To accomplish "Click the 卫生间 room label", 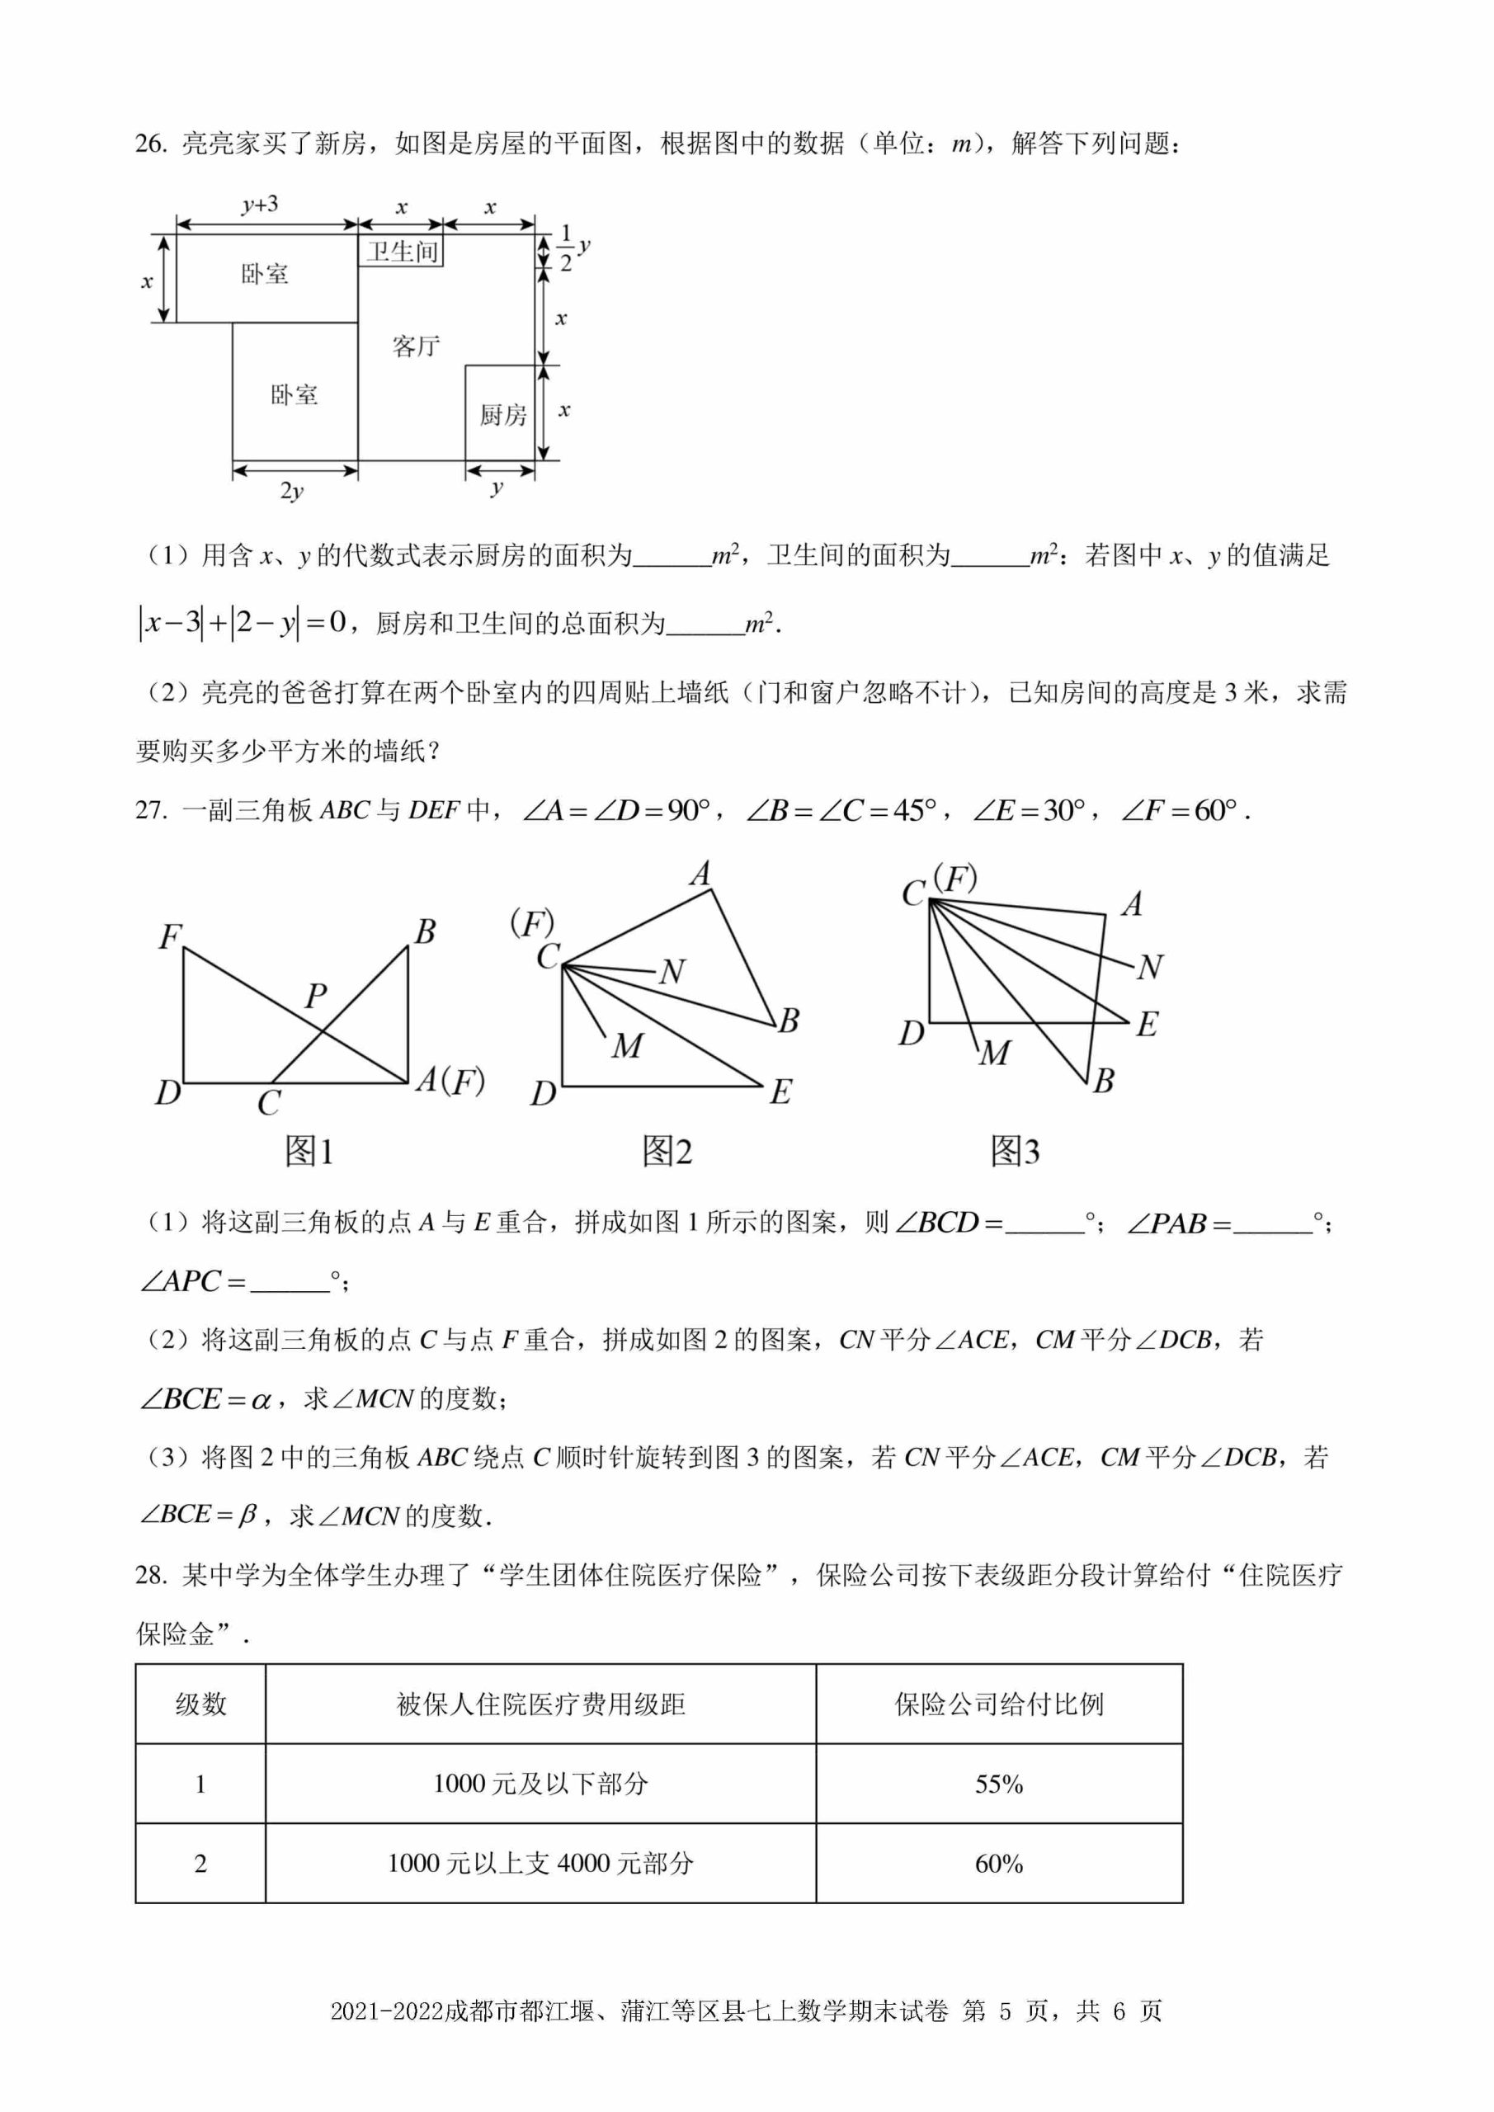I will pos(402,251).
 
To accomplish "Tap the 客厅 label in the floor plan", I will pos(416,346).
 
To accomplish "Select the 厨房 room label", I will pos(502,415).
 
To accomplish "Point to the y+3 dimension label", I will pos(261,205).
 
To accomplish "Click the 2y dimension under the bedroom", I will pos(292,490).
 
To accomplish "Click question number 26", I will pos(151,144).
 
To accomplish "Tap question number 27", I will pos(151,810).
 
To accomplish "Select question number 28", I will pos(151,1575).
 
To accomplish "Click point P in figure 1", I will pos(315,995).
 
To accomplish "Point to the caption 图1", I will pos(309,1151).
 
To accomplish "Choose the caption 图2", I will pos(667,1151).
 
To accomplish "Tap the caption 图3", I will pos(1015,1151).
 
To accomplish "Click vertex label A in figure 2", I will pos(701,873).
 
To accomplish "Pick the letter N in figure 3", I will pos(1150,967).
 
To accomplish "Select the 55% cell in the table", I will pos(999,1784).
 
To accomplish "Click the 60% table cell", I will pos(999,1864).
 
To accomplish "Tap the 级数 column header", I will pos(200,1704).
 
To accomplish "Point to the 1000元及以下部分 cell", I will pos(541,1784).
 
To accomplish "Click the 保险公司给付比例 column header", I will pos(999,1704).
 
